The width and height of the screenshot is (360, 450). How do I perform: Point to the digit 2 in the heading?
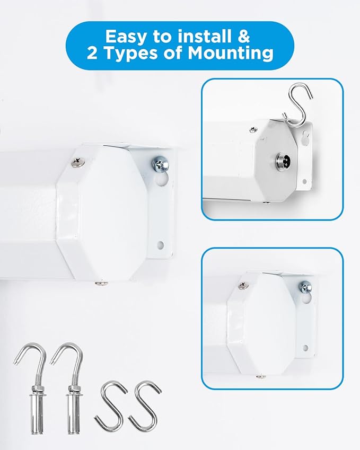pos(92,53)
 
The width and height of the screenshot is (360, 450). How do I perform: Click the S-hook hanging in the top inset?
pos(296,104)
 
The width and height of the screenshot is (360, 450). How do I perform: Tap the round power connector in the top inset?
pos(283,160)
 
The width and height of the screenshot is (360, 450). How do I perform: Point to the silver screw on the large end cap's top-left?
pos(78,162)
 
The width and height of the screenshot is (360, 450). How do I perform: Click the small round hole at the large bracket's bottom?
pos(161,245)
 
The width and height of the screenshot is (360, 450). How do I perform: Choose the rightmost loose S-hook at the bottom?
pos(145,406)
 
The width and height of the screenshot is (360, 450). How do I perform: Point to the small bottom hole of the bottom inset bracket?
pos(305,348)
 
